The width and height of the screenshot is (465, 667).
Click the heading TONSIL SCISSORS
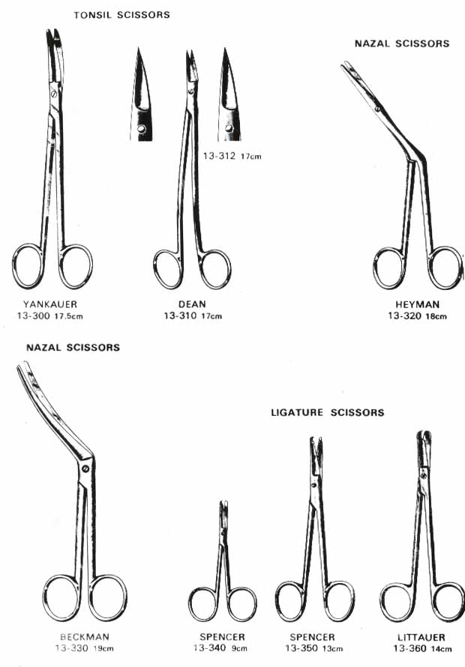coord(121,15)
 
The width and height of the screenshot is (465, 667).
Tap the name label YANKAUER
coord(50,304)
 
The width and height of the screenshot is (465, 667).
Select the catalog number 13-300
coord(34,316)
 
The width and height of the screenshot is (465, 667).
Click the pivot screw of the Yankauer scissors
coord(54,94)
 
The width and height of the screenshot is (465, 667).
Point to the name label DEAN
coord(192,304)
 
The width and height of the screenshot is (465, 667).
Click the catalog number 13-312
coord(219,156)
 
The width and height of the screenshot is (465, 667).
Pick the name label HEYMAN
coord(417,304)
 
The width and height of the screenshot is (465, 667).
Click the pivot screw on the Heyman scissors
coord(377,109)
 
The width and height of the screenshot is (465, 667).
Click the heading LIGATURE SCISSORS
coord(328,413)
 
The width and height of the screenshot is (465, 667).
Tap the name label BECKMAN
coord(85,637)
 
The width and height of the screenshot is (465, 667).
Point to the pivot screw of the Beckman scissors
coord(85,468)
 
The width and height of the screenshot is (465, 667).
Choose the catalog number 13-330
coord(71,648)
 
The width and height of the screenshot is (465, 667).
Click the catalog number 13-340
coord(209,648)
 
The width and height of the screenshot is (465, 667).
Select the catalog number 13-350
coord(301,648)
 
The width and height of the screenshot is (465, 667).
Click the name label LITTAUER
coord(421,637)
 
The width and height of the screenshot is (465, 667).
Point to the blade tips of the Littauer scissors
coord(424,435)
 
